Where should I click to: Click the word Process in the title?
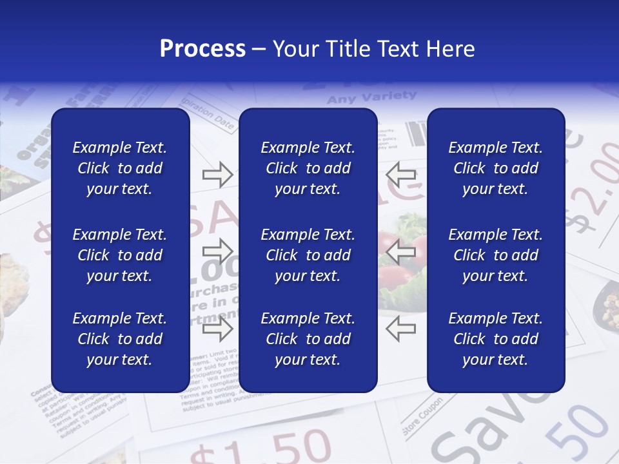(x=202, y=49)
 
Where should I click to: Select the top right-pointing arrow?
(x=218, y=175)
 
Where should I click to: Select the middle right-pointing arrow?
(x=218, y=251)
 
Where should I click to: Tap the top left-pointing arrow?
(x=401, y=173)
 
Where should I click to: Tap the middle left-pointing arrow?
(x=401, y=251)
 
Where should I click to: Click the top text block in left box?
(x=120, y=168)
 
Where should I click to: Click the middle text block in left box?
(x=120, y=255)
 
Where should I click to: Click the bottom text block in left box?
(x=120, y=339)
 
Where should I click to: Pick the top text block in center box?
(x=308, y=168)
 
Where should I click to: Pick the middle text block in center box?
(x=308, y=255)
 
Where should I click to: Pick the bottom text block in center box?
(x=308, y=339)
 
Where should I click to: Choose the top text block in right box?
(x=496, y=168)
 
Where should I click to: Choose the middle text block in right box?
(x=496, y=255)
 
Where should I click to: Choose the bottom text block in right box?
(x=496, y=339)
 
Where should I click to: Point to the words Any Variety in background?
(x=371, y=97)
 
